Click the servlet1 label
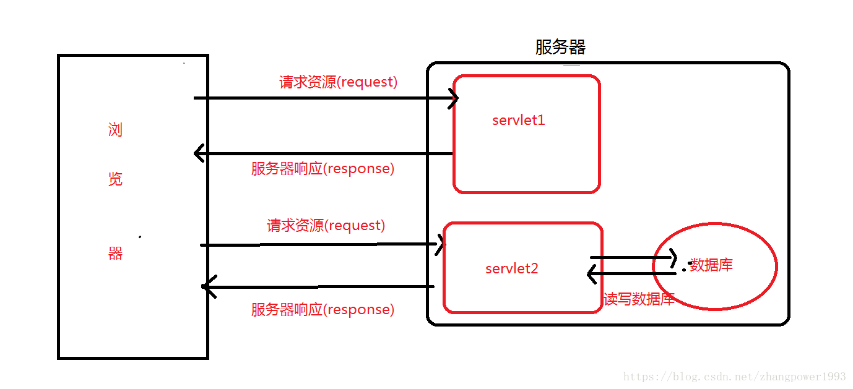point(518,120)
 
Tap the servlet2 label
point(512,268)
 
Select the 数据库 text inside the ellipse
point(711,265)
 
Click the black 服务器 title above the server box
point(560,47)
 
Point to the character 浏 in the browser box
point(115,130)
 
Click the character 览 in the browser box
point(115,179)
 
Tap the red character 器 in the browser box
point(115,254)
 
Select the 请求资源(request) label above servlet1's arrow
point(338,82)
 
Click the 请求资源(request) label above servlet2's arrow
point(326,226)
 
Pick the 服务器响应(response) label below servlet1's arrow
point(323,169)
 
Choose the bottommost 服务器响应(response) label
point(323,310)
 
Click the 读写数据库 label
point(639,299)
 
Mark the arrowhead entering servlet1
point(454,98)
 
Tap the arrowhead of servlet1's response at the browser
point(199,153)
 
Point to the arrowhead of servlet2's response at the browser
point(207,287)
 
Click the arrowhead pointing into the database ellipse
point(672,257)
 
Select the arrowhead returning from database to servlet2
point(592,273)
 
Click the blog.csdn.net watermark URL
point(734,377)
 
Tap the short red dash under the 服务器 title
point(571,65)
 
